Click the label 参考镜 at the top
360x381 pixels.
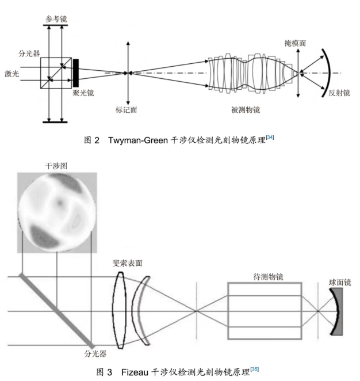[56, 19]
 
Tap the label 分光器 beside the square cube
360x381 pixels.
[29, 54]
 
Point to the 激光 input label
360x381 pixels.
[12, 74]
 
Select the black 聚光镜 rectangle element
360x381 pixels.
[76, 73]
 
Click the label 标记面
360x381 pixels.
[127, 110]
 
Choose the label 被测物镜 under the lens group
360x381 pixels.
[246, 110]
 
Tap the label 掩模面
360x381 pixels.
[295, 43]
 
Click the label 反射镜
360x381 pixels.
[339, 93]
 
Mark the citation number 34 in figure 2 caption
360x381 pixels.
[270, 138]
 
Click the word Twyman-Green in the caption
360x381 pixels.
[138, 140]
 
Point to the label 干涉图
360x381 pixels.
[56, 166]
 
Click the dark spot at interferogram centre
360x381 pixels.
[59, 203]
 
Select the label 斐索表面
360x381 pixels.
[127, 263]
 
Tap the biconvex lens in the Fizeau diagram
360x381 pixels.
[120, 311]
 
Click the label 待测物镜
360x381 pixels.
[268, 277]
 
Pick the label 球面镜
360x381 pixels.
[340, 283]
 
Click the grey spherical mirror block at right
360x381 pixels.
[339, 311]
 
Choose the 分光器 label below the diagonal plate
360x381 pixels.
[95, 354]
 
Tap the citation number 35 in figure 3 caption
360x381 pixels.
[255, 369]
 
